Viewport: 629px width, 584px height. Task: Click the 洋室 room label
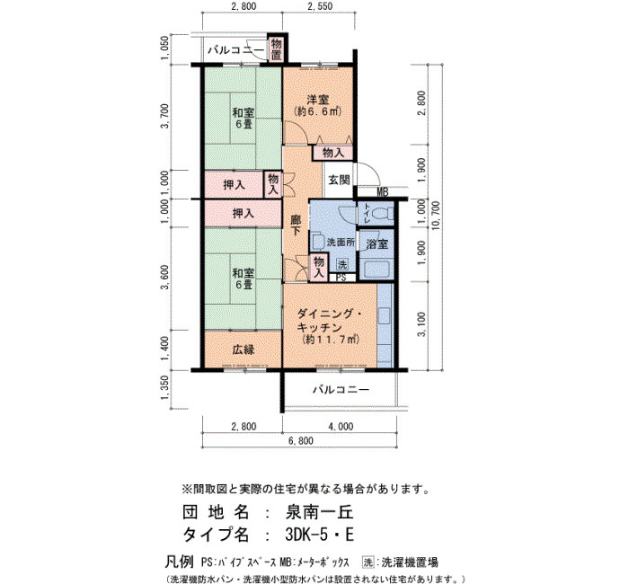[x=318, y=99]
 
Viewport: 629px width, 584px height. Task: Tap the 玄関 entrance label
[x=340, y=180]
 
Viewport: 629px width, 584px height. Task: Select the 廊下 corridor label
[x=296, y=226]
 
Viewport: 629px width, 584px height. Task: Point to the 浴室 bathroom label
[x=377, y=243]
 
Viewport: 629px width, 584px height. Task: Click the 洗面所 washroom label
[x=341, y=243]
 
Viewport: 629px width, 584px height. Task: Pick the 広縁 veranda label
[x=244, y=350]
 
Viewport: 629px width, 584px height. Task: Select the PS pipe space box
[x=341, y=277]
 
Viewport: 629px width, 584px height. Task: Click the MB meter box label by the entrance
[x=382, y=192]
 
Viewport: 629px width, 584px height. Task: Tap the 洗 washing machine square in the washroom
[x=342, y=265]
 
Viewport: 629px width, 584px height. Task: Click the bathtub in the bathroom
[x=375, y=270]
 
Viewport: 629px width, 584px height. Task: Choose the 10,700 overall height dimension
[x=437, y=217]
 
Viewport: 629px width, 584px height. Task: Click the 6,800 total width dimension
[x=300, y=441]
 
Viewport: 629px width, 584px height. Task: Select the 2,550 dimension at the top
[x=319, y=6]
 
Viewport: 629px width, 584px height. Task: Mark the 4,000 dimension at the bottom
[x=341, y=427]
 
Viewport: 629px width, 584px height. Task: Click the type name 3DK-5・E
[x=320, y=535]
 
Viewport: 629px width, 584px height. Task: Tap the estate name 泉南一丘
[x=319, y=512]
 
